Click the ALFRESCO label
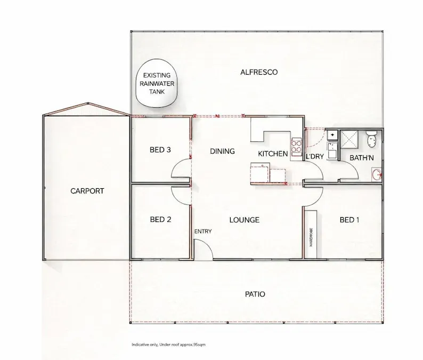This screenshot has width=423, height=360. click(x=259, y=72)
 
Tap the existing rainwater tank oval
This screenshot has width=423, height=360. click(x=157, y=84)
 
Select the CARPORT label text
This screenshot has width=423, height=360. click(x=87, y=191)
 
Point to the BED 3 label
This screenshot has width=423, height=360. click(x=160, y=150)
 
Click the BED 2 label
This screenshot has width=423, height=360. click(x=160, y=219)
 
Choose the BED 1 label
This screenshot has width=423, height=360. click(x=349, y=219)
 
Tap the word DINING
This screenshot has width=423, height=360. click(x=222, y=151)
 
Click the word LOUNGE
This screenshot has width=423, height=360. click(x=245, y=220)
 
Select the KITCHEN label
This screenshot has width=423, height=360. click(x=273, y=154)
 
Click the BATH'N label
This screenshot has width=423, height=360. click(x=362, y=157)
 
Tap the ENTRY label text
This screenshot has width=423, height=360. click(x=203, y=231)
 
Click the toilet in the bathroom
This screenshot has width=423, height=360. click(x=372, y=140)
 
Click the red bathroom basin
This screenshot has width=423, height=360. click(x=377, y=173)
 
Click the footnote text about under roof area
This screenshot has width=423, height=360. click(x=168, y=345)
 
